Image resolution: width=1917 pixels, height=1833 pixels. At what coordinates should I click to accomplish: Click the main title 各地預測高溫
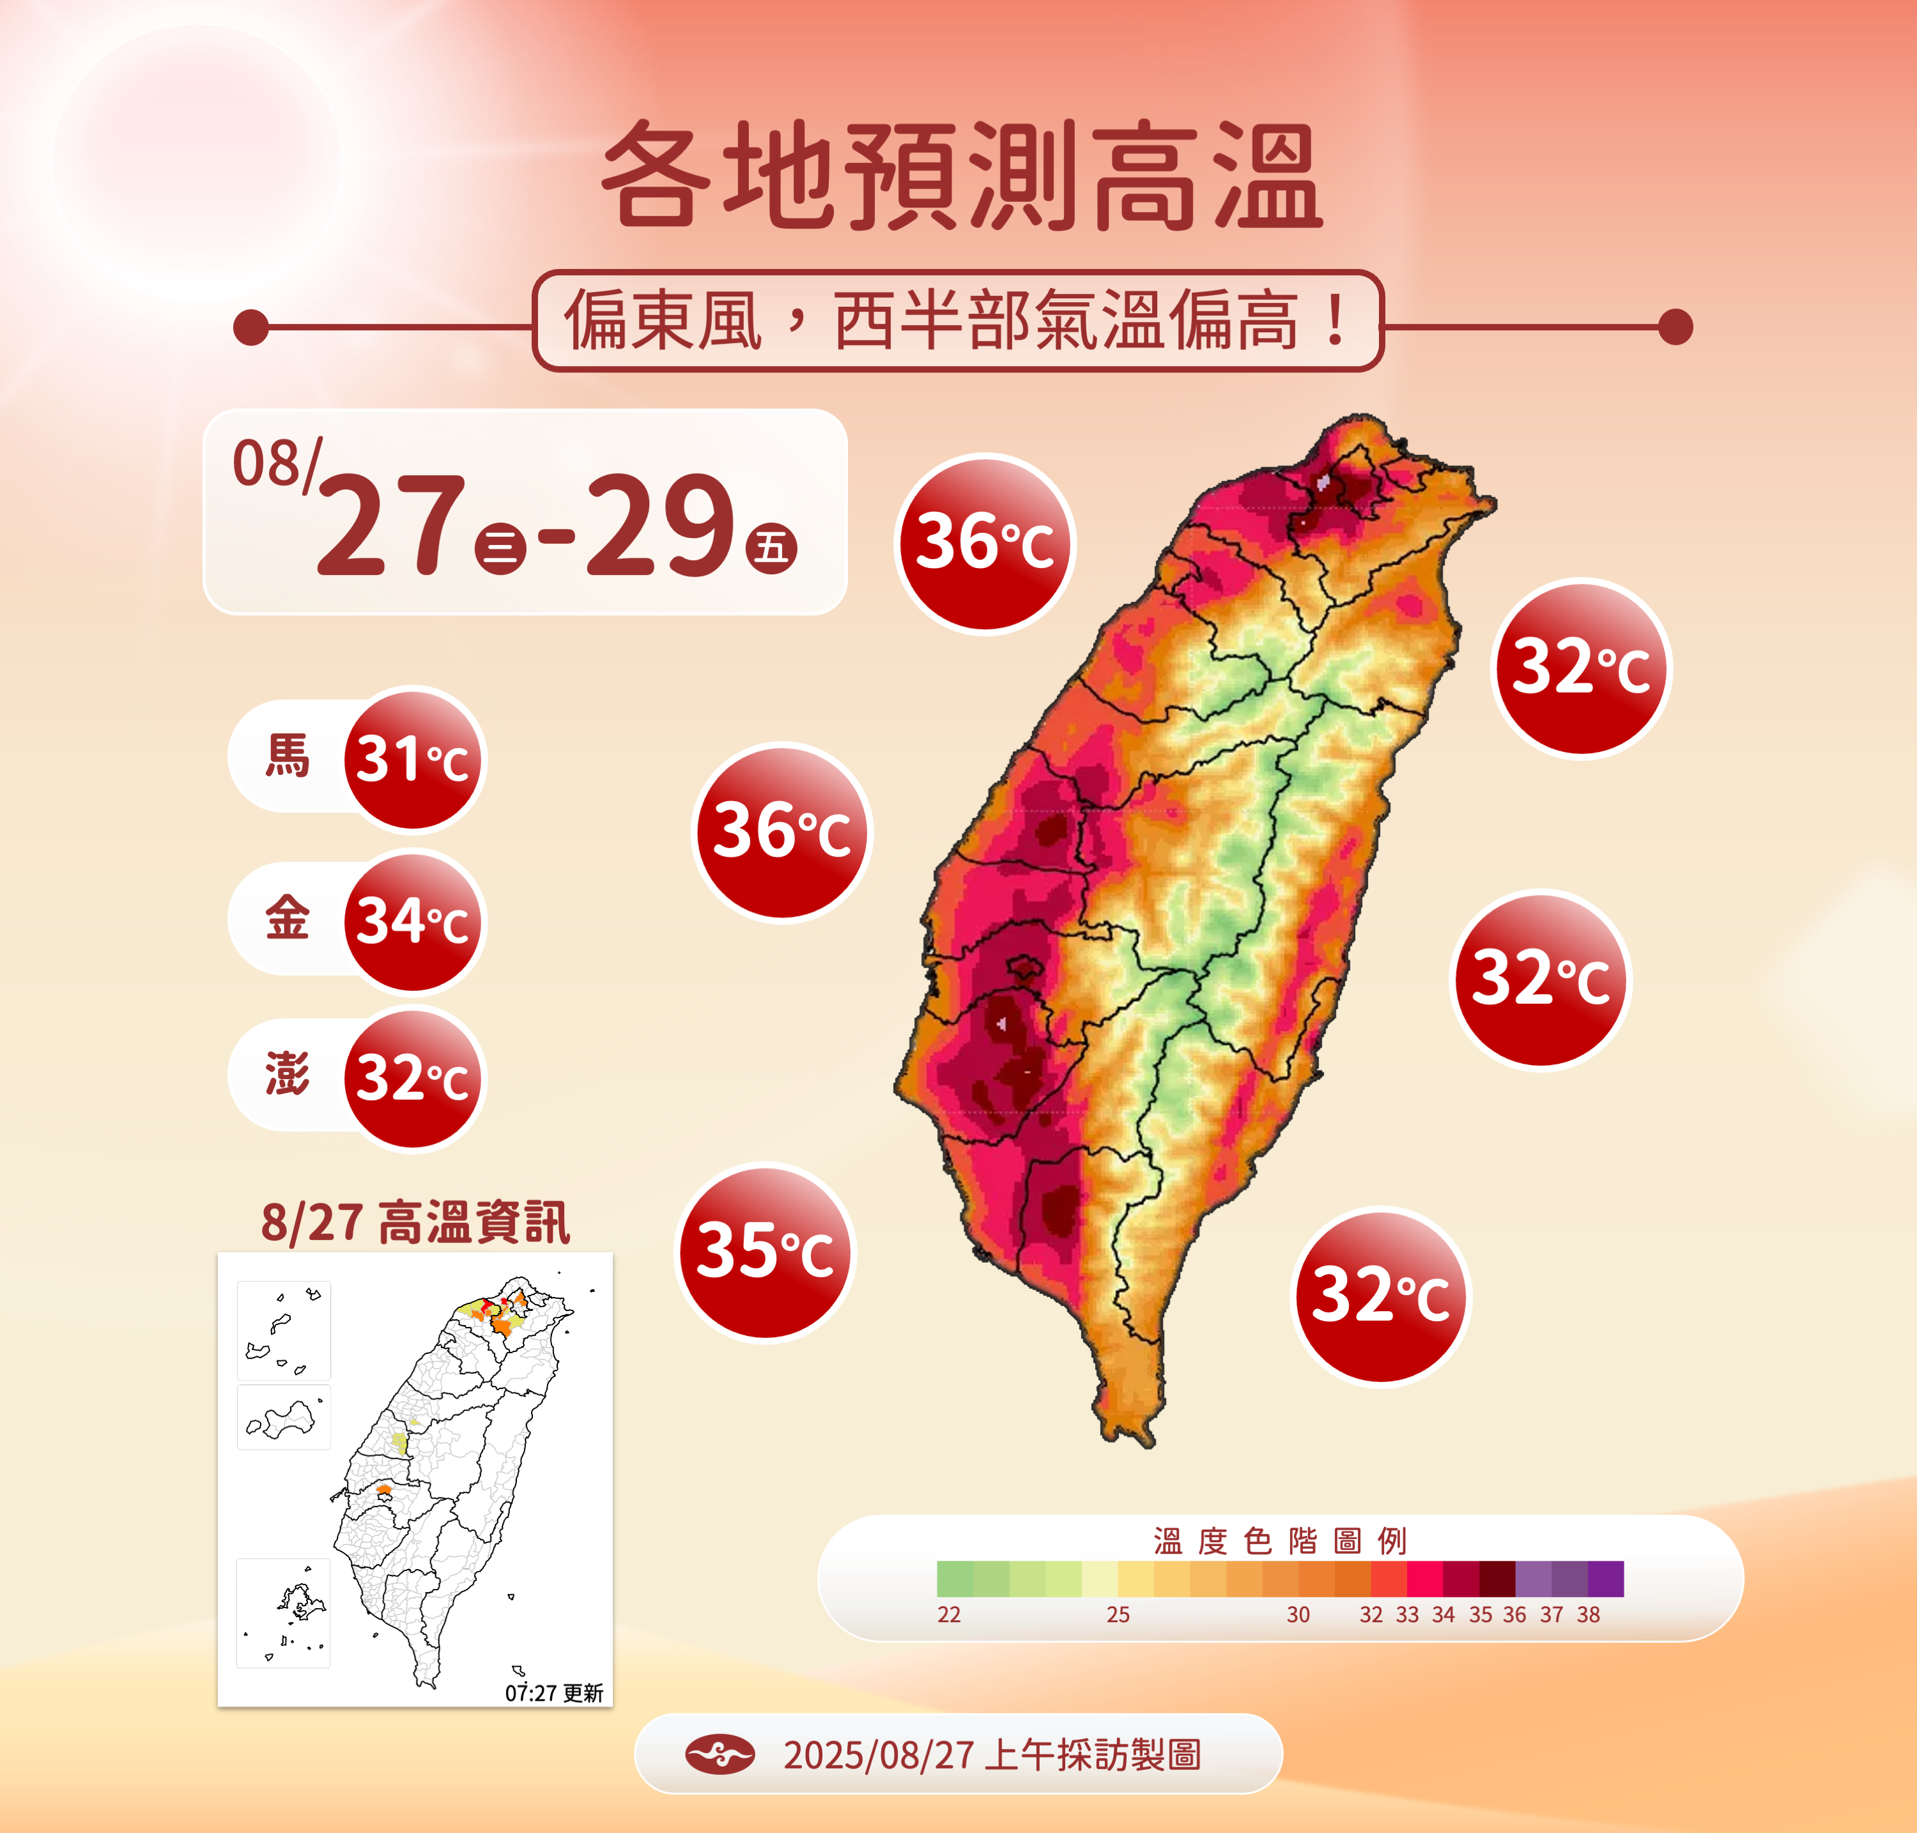pyautogui.click(x=962, y=176)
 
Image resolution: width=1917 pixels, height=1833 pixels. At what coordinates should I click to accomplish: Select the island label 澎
pyautogui.click(x=288, y=1075)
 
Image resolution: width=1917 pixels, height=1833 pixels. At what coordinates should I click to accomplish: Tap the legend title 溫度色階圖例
pyautogui.click(x=1280, y=1541)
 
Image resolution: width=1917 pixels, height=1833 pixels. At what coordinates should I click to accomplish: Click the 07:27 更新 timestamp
pyautogui.click(x=554, y=1693)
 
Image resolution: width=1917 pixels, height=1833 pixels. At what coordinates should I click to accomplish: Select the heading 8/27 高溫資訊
pyautogui.click(x=415, y=1222)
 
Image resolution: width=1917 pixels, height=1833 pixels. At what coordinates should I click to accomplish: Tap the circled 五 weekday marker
pyautogui.click(x=772, y=548)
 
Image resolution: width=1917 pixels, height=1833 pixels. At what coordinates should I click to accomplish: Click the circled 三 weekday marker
pyautogui.click(x=500, y=548)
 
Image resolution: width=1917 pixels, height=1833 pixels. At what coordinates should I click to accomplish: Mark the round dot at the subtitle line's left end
pyautogui.click(x=251, y=327)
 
